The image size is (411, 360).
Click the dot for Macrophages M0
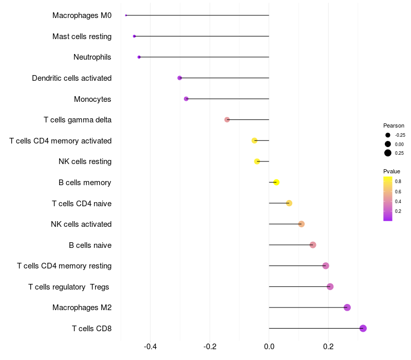[x=126, y=15]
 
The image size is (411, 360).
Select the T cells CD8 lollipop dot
[x=363, y=328]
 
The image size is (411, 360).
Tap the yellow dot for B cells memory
[x=276, y=182]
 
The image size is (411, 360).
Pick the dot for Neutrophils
[x=139, y=57]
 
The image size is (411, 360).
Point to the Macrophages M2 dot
[x=347, y=308]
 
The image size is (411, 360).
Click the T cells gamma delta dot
[x=227, y=120]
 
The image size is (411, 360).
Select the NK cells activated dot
[x=302, y=224]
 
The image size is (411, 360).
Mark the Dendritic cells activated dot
[x=180, y=78]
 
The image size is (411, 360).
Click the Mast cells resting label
[x=82, y=37]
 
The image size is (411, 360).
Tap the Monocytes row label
[x=92, y=99]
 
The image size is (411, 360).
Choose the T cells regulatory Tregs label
[x=69, y=286]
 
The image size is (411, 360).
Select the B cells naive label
[x=90, y=245]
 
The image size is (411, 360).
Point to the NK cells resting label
[x=85, y=161]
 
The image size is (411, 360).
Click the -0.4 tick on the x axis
[x=150, y=346]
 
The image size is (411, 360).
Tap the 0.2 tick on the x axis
[x=328, y=346]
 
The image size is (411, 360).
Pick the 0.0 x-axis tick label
[x=269, y=346]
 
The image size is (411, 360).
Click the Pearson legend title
[x=394, y=125]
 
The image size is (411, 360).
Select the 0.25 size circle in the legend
[x=388, y=153]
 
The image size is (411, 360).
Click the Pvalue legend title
[x=391, y=171]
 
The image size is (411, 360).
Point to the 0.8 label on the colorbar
[x=398, y=181]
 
